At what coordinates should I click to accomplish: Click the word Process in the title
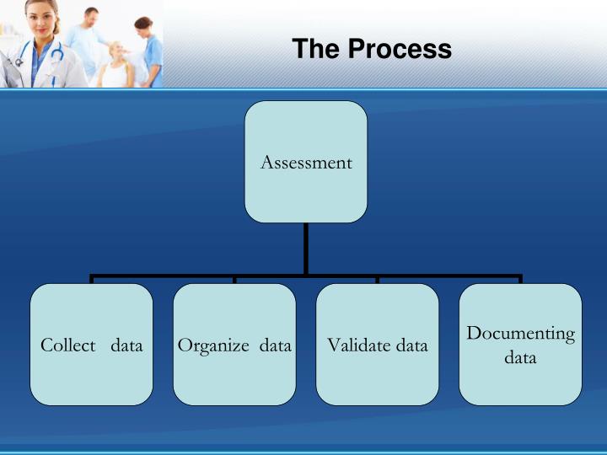pyautogui.click(x=400, y=49)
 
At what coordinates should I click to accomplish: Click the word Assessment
pyautogui.click(x=306, y=163)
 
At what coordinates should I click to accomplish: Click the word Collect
pyautogui.click(x=67, y=345)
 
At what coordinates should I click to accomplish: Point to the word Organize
pyautogui.click(x=213, y=345)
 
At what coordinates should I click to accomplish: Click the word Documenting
pyautogui.click(x=520, y=334)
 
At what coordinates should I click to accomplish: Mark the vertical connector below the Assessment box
pyautogui.click(x=306, y=249)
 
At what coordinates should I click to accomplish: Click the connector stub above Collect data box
pyautogui.click(x=92, y=280)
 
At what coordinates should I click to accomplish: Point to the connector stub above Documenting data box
pyautogui.click(x=520, y=280)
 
